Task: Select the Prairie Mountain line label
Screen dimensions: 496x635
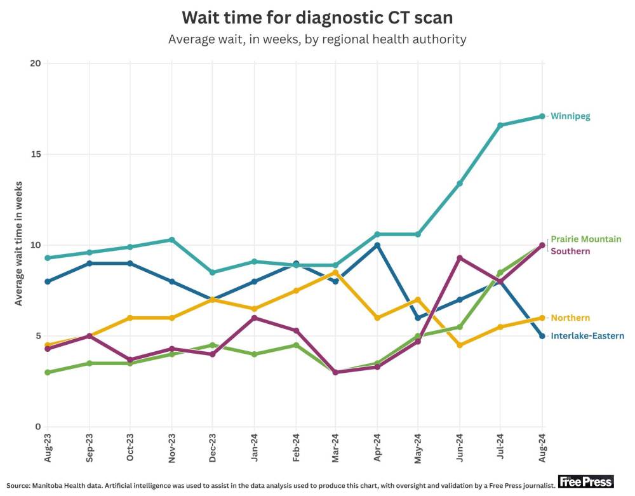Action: click(585, 239)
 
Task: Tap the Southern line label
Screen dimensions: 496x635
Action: click(570, 251)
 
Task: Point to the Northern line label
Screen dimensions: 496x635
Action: click(570, 318)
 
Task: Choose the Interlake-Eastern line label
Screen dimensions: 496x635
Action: click(587, 336)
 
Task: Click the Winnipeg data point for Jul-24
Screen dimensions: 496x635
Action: click(500, 125)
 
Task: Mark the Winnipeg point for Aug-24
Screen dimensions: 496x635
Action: click(542, 116)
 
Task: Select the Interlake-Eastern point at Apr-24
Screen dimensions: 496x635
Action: click(377, 245)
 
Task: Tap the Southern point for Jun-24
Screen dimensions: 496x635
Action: click(459, 258)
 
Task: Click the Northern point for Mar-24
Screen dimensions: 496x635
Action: click(336, 272)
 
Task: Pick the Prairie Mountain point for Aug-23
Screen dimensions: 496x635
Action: click(48, 372)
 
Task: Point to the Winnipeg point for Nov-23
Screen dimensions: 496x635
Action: click(171, 239)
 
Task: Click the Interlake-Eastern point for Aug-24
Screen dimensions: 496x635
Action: click(542, 336)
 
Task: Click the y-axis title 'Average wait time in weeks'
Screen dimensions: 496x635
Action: click(19, 245)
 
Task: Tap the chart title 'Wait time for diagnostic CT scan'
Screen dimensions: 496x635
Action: click(317, 17)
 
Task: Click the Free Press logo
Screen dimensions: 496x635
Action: click(585, 481)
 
